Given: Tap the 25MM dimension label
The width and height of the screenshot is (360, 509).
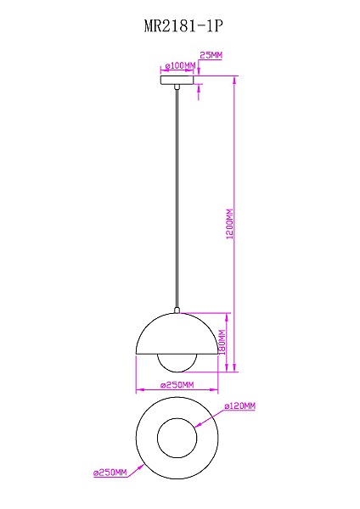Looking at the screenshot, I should click(211, 55).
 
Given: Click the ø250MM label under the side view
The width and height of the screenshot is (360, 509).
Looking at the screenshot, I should click(177, 385).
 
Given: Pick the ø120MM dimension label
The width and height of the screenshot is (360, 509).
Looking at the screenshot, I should click(241, 406).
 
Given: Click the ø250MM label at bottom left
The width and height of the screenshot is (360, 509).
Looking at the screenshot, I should click(110, 472).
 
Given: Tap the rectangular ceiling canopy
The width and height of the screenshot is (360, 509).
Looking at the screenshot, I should click(177, 81).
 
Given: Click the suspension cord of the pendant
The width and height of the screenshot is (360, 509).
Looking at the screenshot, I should click(177, 195).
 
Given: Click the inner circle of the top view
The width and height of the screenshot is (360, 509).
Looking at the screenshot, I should click(177, 436).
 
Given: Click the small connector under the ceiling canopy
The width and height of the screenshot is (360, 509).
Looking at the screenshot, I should click(177, 87).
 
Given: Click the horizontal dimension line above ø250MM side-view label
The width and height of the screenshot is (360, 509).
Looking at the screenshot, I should click(177, 392).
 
